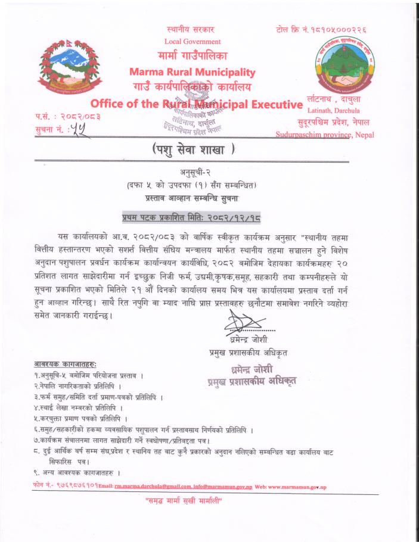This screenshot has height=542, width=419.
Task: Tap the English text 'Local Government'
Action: point(192,42)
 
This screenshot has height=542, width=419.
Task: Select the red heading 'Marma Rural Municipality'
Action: point(192,73)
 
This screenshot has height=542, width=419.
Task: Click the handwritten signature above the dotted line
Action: point(240,327)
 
